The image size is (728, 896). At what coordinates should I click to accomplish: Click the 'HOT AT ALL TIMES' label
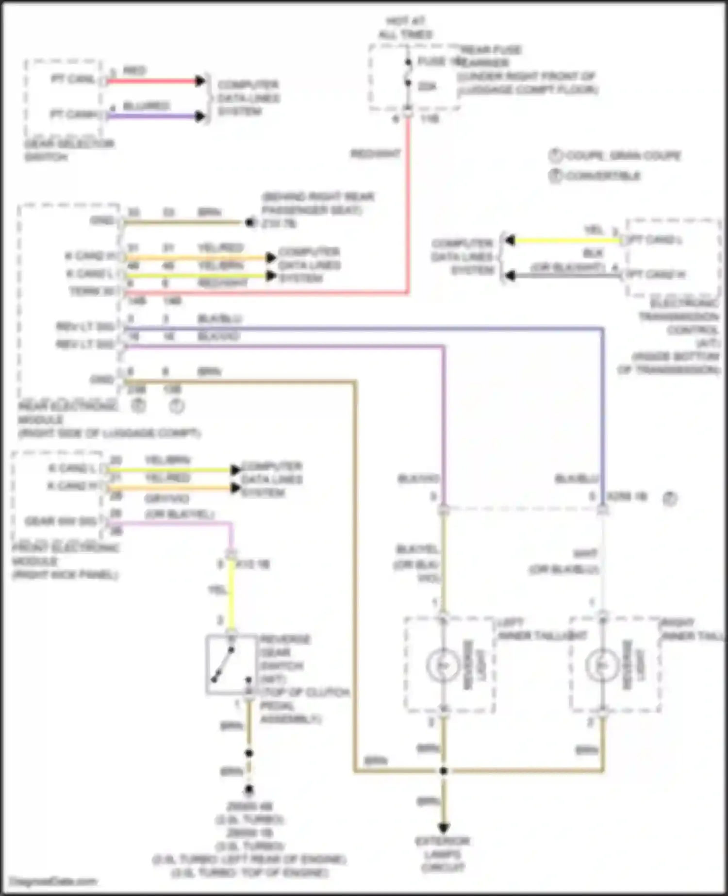[x=405, y=28]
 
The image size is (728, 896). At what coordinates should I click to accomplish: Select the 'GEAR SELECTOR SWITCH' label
[x=69, y=150]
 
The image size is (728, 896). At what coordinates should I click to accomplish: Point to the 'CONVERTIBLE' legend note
[x=602, y=176]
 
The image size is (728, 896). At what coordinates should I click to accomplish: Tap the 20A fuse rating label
[x=427, y=86]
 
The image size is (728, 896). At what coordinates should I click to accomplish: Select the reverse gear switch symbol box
[x=231, y=664]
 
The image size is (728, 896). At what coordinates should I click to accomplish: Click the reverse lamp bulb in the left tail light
[x=443, y=665]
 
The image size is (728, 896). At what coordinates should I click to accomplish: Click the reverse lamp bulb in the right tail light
[x=602, y=665]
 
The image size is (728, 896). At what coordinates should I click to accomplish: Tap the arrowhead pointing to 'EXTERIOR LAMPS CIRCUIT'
[x=443, y=827]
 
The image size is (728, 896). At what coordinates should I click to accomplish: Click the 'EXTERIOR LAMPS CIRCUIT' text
[x=443, y=854]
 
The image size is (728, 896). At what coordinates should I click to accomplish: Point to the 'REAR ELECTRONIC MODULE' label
[x=68, y=413]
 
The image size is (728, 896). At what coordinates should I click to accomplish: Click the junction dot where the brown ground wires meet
[x=443, y=770]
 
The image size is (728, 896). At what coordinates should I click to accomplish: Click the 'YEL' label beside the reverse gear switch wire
[x=217, y=590]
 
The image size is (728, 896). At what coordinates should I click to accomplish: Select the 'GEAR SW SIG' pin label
[x=61, y=521]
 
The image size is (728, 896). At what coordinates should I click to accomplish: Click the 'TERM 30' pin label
[x=92, y=291]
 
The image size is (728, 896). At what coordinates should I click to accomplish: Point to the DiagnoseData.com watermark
[x=53, y=881]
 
